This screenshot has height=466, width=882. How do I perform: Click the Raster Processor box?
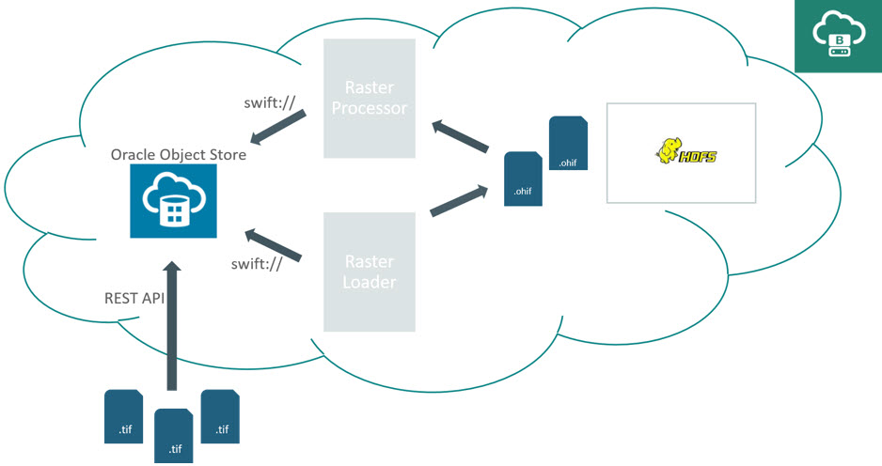370,98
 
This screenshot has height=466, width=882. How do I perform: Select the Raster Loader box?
370,272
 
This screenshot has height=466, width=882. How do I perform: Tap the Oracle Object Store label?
179,154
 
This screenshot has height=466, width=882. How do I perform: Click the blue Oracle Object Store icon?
173,201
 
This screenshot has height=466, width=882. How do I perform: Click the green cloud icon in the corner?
838,37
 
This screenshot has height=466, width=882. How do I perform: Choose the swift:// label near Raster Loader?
257,264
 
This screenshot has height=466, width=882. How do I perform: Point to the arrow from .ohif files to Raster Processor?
460,134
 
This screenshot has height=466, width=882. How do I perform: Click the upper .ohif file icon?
568,144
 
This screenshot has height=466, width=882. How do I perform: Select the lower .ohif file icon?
523,178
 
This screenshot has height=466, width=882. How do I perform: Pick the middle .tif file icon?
174,436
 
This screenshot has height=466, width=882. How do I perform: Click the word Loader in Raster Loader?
370,282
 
